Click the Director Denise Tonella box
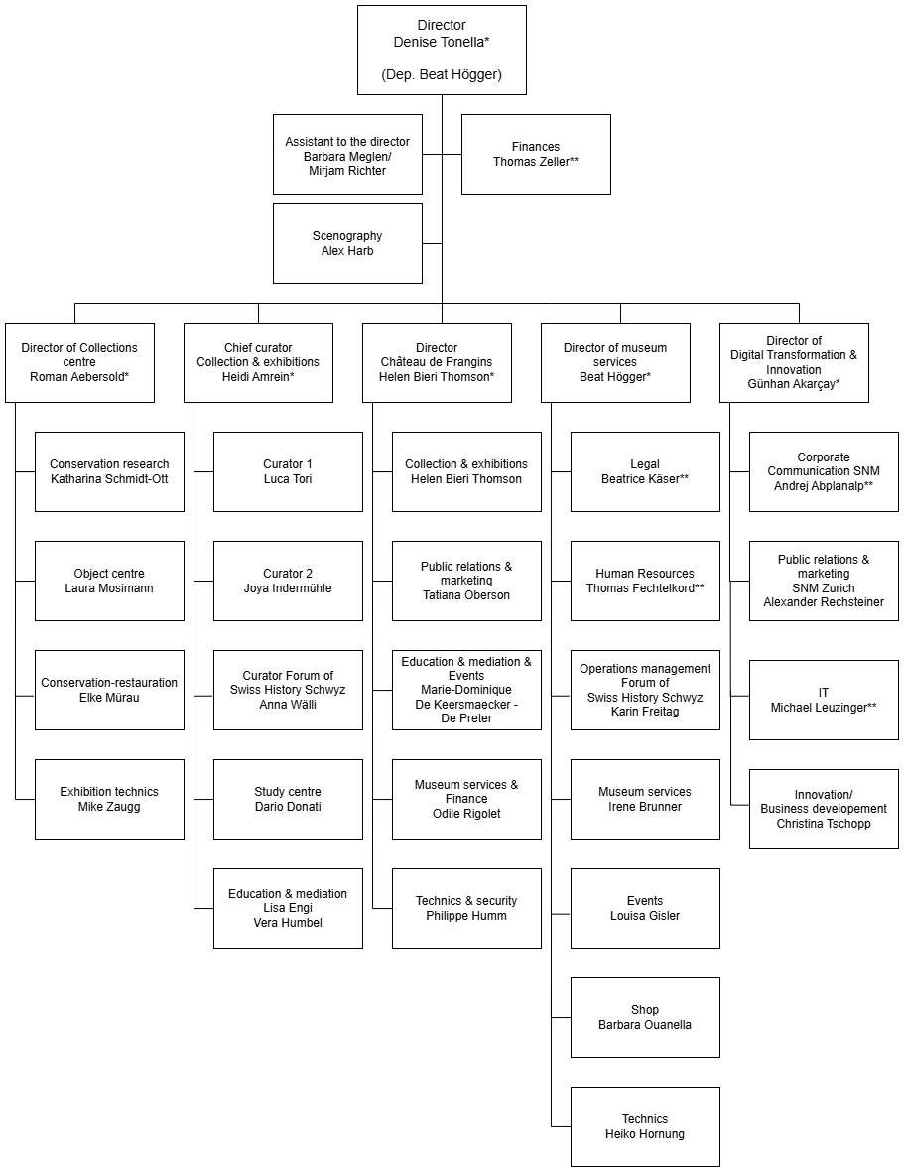(442, 50)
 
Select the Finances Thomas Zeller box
(536, 154)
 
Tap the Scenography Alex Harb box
(347, 243)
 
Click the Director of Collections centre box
(79, 362)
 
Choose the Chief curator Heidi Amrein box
(258, 362)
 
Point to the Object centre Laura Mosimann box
(109, 581)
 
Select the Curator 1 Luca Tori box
(288, 471)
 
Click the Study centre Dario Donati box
(288, 799)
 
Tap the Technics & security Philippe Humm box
(466, 908)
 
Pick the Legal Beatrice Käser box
(645, 471)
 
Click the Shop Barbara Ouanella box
(645, 1017)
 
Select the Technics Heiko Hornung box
(645, 1126)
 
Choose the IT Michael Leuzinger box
(824, 700)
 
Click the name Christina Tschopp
(824, 824)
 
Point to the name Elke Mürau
(109, 698)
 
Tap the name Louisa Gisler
(645, 916)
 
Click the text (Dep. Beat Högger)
(442, 74)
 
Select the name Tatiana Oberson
(466, 595)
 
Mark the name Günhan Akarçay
(794, 384)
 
